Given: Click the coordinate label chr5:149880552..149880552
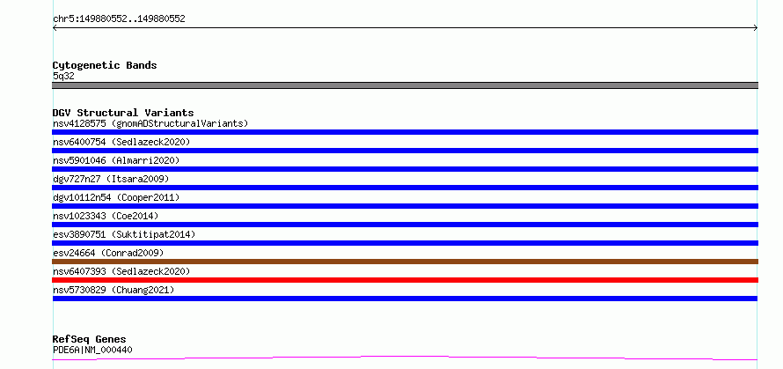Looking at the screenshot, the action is coord(119,19).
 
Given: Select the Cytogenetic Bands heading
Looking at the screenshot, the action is coord(105,65).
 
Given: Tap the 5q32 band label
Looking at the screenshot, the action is coord(63,77).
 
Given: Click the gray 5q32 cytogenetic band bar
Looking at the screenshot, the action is coord(405,85).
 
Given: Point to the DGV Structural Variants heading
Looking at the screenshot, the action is coord(123,113).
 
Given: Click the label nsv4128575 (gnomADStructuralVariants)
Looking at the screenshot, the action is coord(150,123).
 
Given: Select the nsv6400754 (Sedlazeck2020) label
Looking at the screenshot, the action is coord(121,142).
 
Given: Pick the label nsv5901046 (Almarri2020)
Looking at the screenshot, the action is coord(116,160).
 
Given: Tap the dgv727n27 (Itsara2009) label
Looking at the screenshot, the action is coord(111,179).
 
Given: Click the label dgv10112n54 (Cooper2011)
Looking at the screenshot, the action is coord(116,197).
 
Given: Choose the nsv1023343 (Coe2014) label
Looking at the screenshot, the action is coord(106,216).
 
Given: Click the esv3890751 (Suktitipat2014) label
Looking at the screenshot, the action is coord(124,234).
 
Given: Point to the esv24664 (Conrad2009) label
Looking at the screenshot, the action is coord(108,253).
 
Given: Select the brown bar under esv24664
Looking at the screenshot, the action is coord(405,262).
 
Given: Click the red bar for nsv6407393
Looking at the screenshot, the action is coord(405,280).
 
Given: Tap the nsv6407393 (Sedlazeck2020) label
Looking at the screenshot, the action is coord(121,271).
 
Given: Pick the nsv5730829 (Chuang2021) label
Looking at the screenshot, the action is coord(113,290).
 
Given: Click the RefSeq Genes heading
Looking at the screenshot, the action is coord(89,340).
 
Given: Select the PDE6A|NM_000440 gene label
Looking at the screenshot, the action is coord(92,350).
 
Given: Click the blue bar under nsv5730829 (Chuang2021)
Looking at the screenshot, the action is coord(405,299).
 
